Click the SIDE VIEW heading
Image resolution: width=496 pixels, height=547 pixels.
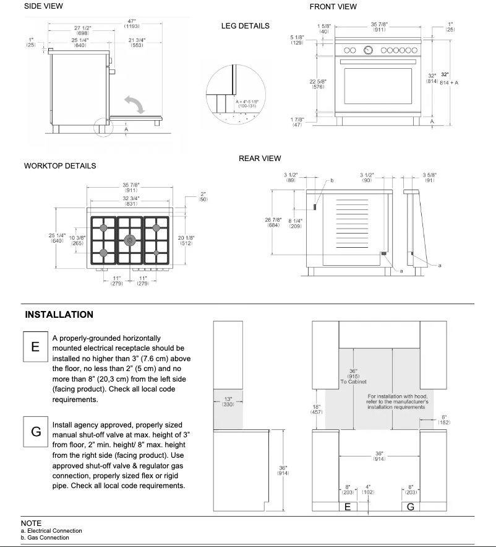pos(43,6)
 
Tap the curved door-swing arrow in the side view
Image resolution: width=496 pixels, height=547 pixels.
pos(134,103)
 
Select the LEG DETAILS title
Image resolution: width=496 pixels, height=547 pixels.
pos(245,26)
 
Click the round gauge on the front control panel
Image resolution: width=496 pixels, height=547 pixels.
pos(369,50)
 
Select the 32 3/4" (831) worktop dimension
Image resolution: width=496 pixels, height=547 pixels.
pos(130,201)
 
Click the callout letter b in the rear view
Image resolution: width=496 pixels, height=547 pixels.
pos(331,180)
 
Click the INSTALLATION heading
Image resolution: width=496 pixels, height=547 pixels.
pos(59,315)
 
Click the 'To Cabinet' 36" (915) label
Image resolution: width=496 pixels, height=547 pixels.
pos(353,375)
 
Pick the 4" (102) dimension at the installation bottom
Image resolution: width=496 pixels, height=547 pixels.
pos(368,489)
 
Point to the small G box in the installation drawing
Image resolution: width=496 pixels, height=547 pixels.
pos(410,506)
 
